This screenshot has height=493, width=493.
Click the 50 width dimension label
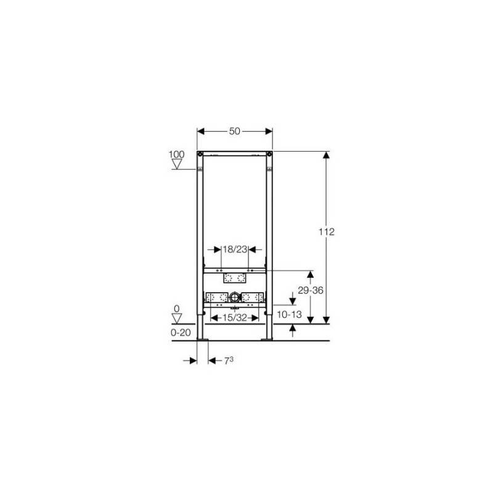pos(235,131)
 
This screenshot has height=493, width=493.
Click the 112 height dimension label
pos(327,232)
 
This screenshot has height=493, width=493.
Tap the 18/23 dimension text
pos(235,250)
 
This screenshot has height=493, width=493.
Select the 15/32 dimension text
pos(235,317)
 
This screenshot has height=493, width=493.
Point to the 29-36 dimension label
pos(311,290)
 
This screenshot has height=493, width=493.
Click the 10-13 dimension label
pos(289,314)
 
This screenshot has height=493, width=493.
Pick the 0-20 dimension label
pos(181,332)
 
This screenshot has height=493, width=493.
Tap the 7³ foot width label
pos(229,361)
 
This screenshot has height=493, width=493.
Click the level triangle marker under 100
pos(177,164)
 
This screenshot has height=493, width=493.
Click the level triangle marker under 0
pos(177,319)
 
